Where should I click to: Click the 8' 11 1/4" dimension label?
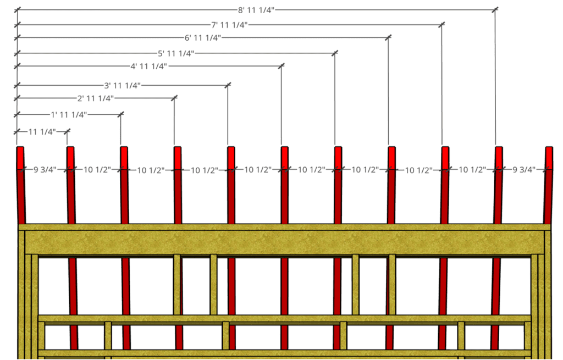coord(256,10)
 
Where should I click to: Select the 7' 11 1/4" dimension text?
coord(229,25)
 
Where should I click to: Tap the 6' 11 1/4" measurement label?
coord(203,37)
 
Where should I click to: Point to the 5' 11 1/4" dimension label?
coord(176,53)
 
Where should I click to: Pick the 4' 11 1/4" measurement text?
coord(149,66)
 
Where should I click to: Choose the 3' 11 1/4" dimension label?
coord(123,85)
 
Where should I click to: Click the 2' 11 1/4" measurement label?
coord(96,98)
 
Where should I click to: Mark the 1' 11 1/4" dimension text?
coord(69,114)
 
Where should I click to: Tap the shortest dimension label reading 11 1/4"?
coord(42,132)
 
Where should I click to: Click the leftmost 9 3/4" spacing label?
coord(45,169)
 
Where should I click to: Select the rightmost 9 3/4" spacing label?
coord(524,169)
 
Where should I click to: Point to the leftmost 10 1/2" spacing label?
coord(97,169)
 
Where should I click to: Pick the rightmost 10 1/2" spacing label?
coord(472,169)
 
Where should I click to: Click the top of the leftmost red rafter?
coord(20,147)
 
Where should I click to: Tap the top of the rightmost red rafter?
coord(549,147)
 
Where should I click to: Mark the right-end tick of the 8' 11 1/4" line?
coord(495,10)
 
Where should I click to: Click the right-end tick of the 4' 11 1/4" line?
coord(281,66)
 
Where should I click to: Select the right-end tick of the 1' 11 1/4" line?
coord(120,114)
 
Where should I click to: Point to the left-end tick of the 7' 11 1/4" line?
coord(17,25)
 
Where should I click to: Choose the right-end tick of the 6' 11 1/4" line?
coord(388,37)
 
